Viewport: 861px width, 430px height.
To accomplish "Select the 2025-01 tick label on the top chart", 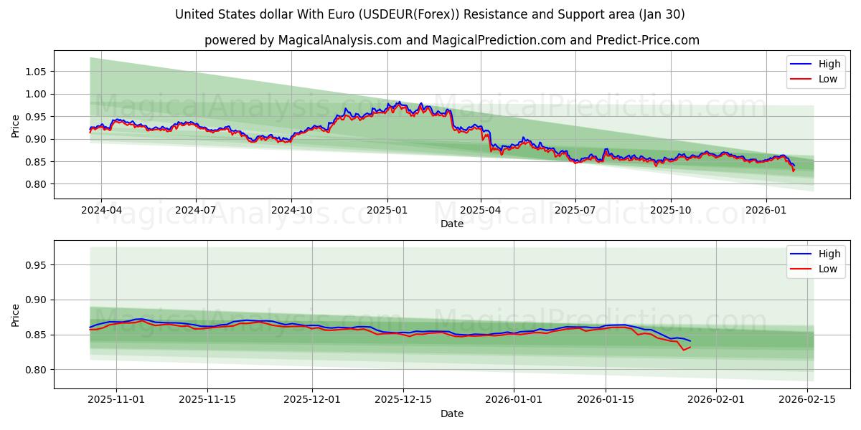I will coord(387,210).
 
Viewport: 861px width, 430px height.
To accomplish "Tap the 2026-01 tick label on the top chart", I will coord(766,210).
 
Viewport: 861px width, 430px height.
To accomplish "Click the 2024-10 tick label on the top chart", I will coord(291,210).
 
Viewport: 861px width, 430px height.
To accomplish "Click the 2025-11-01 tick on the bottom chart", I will coord(116,400).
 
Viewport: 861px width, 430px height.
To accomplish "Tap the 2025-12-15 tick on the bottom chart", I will coord(403,400).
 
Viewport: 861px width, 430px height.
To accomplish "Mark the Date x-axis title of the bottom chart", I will coord(452,414).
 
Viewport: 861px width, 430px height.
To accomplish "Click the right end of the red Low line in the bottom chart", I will coord(690,347).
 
